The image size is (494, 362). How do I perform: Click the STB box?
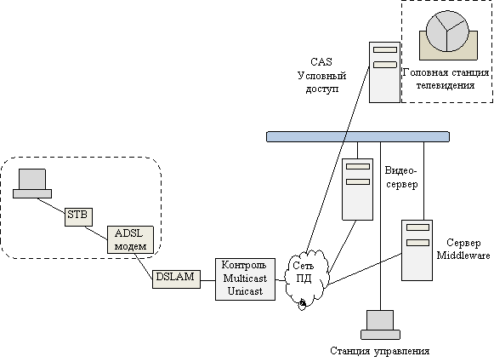click(79, 217)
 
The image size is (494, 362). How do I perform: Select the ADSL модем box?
click(130, 239)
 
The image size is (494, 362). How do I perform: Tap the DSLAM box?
click(177, 279)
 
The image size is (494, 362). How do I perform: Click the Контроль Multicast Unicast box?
click(245, 279)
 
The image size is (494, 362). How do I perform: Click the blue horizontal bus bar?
click(358, 136)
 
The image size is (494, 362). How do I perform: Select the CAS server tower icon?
click(384, 72)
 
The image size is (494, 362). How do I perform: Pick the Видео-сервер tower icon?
click(358, 189)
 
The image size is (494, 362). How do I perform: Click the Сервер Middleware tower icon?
click(417, 250)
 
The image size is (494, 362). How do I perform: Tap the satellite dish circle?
click(447, 31)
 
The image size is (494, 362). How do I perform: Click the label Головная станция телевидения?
click(446, 79)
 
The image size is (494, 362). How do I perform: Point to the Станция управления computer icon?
click(380, 325)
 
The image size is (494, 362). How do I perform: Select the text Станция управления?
click(379, 351)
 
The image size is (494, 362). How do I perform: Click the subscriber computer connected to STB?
click(32, 183)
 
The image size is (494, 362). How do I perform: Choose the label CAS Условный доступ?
click(321, 75)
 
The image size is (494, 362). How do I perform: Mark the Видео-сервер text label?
click(401, 177)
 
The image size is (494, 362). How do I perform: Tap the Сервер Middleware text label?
click(463, 249)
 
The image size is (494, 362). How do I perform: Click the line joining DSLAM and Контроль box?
click(208, 280)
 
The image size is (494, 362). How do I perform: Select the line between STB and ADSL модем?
click(96, 233)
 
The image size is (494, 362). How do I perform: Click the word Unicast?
click(245, 291)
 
